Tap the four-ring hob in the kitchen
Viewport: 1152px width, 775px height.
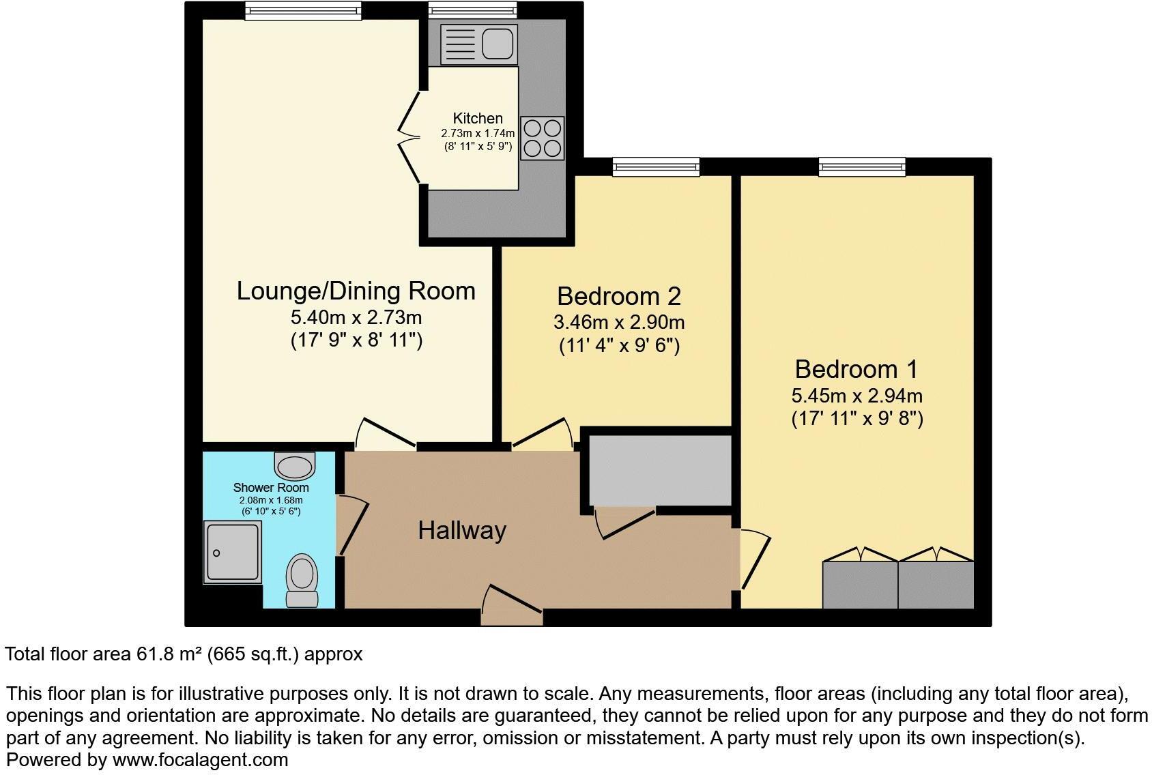[543, 138]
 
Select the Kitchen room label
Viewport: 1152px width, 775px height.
[478, 118]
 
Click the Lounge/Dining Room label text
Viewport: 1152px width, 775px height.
[356, 291]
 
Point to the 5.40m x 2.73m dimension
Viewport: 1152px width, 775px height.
[356, 317]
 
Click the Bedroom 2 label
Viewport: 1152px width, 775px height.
[618, 296]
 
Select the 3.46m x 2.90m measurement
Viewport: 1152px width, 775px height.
[618, 322]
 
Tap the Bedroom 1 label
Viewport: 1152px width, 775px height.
[856, 369]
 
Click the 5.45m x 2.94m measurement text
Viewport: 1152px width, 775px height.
[856, 396]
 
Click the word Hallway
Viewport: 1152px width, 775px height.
[462, 530]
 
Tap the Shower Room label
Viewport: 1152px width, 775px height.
[271, 488]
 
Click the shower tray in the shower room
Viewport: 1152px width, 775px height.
[232, 553]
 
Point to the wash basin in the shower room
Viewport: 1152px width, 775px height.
[295, 466]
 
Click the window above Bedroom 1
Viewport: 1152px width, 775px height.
[862, 166]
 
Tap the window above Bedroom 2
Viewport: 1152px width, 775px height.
[656, 166]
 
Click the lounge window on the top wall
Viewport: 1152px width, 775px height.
[303, 10]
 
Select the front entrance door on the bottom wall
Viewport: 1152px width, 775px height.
[512, 606]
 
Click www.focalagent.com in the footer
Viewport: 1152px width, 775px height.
[200, 759]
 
